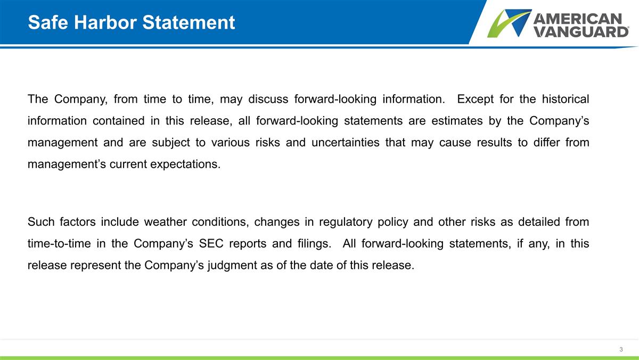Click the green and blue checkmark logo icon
pyautogui.click(x=509, y=23)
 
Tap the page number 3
pyautogui.click(x=621, y=349)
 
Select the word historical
pyautogui.click(x=566, y=100)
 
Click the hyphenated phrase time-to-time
pyautogui.click(x=58, y=243)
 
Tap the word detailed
pyautogui.click(x=535, y=222)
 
